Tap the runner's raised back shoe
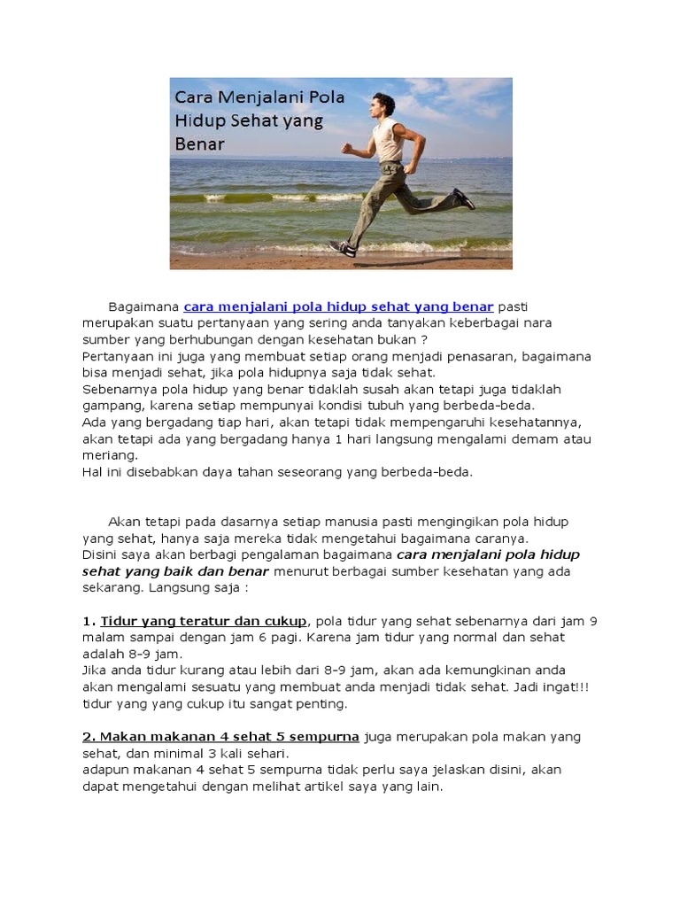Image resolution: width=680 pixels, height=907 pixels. pos(463,198)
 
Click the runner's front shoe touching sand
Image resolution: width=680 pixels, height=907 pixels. pos(343,248)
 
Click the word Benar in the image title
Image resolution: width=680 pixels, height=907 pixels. pos(200,143)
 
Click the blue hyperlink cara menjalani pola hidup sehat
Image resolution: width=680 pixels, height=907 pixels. pos(338,306)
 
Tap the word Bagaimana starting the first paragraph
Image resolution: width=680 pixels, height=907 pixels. pos(143,306)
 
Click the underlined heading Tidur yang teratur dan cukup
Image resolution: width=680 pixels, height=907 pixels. pos(204,620)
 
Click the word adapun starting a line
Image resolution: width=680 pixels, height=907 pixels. pos(107,769)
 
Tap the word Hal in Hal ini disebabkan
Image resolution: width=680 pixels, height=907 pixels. pos(93,471)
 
